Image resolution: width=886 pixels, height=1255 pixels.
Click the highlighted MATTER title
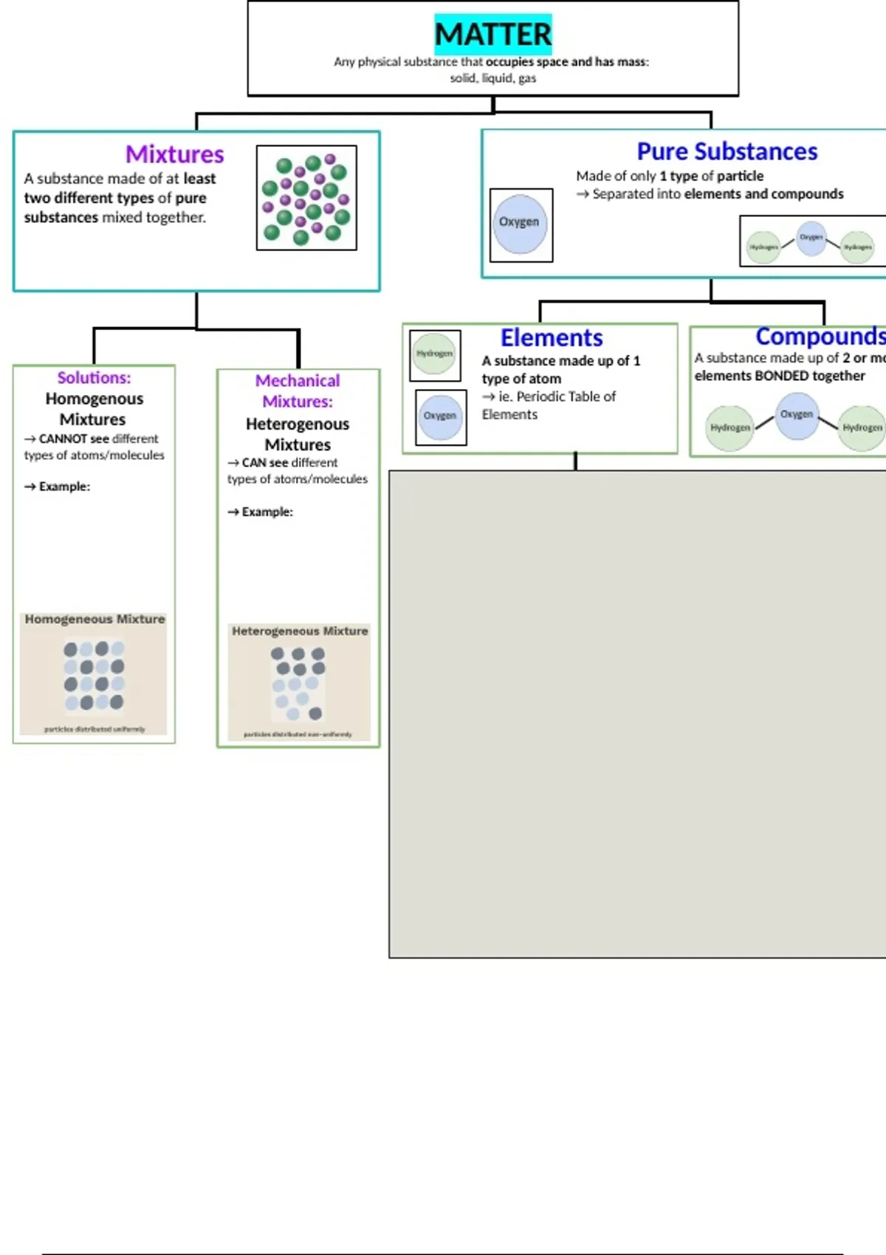click(x=492, y=34)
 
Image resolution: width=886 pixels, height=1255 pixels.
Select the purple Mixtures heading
click(x=174, y=154)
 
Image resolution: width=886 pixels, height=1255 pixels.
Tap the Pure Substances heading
click(x=727, y=151)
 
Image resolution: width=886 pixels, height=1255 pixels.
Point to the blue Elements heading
click(x=552, y=337)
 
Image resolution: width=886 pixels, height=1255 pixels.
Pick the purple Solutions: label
click(x=94, y=377)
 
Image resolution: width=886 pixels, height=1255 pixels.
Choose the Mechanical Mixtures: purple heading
click(x=298, y=391)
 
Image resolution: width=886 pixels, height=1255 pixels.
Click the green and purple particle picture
click(x=306, y=198)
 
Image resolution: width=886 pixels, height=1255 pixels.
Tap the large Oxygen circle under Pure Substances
click(x=520, y=224)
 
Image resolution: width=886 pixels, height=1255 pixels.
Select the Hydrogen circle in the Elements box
click(x=435, y=354)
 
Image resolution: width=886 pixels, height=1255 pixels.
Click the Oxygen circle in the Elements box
click(x=440, y=416)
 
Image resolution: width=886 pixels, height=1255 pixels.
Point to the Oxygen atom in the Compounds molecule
click(x=797, y=415)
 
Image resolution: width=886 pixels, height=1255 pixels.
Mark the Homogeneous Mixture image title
click(x=95, y=619)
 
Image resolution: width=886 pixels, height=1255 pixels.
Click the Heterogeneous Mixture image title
click(x=300, y=631)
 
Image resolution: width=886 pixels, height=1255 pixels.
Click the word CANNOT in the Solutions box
click(x=63, y=439)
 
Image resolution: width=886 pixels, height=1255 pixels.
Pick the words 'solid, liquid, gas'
click(x=492, y=78)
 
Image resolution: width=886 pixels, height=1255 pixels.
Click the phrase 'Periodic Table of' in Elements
click(x=566, y=396)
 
